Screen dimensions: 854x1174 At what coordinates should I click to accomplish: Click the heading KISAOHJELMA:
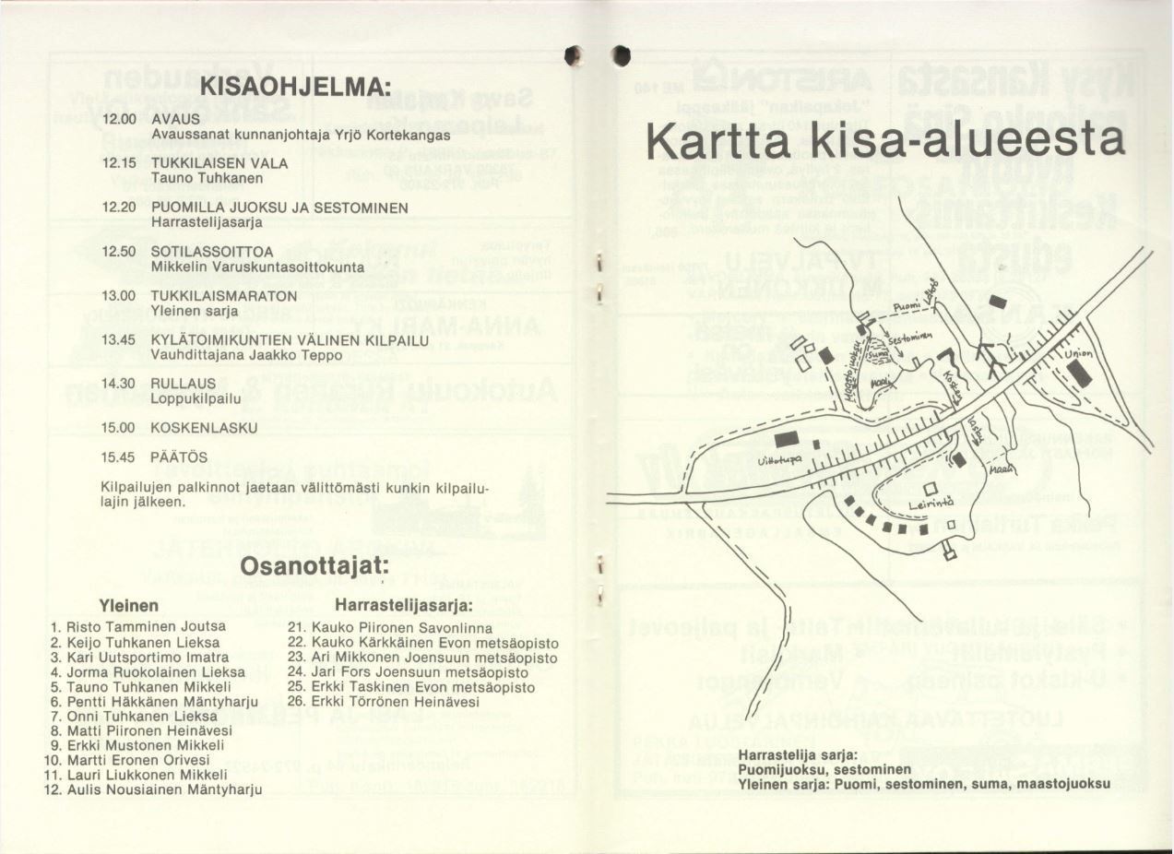pos(295,89)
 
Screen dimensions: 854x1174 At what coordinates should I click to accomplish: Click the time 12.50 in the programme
pos(119,251)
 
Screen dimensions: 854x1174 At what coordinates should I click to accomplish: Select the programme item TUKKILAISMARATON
pos(224,295)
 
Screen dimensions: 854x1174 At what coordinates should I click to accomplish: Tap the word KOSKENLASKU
pos(205,428)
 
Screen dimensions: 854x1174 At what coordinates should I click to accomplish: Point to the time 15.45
pos(119,457)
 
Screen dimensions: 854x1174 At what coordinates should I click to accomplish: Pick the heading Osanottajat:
pos(315,564)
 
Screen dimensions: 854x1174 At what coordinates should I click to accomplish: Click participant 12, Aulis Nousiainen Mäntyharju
pos(155,789)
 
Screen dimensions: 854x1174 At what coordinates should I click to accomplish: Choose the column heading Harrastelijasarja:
pos(404,606)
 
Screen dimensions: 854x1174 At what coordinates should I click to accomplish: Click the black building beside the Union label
pos(1077,376)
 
